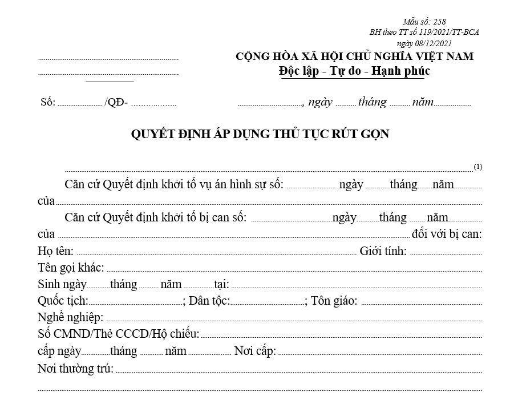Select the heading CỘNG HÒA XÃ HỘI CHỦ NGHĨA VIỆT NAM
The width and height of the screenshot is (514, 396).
pos(354,56)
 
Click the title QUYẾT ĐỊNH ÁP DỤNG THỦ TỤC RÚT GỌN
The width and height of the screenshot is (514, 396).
pos(260,134)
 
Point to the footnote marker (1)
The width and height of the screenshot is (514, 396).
pos(478,167)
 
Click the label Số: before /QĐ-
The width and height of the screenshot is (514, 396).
pos(47,103)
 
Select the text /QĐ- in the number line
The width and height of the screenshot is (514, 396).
pos(116,103)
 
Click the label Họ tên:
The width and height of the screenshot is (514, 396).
pos(56,251)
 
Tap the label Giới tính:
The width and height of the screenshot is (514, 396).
pos(383,251)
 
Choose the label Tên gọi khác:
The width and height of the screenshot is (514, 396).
pos(71,268)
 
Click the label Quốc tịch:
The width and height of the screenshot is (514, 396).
pos(63,301)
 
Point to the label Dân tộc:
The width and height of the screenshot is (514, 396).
pos(209,301)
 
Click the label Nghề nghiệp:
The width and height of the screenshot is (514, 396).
pos(70,317)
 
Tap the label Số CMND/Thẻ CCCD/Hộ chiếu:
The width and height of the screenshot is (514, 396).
pos(119,334)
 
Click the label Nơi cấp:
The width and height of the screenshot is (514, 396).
pos(255,351)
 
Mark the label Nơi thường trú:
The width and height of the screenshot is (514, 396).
pos(75,368)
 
